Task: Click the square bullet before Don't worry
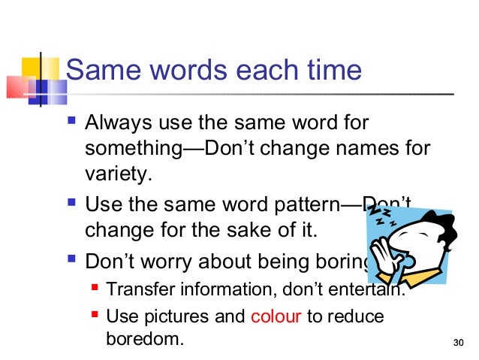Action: [x=72, y=263]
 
